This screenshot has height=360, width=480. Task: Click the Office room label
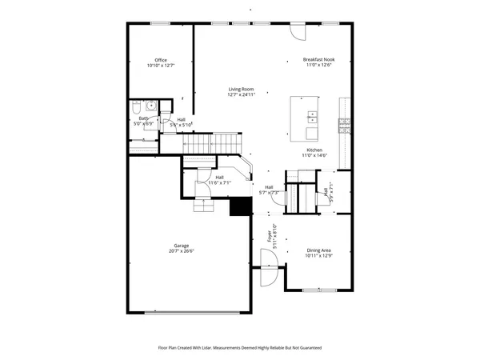[x=160, y=60]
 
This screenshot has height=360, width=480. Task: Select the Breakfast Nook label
[x=318, y=60]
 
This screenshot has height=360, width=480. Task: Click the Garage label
[x=182, y=246]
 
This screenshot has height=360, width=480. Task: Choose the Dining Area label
[x=318, y=250]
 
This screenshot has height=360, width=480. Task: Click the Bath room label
[x=142, y=118]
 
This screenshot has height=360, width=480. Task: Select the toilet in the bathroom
[x=137, y=106]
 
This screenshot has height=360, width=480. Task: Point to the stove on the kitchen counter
[x=345, y=122]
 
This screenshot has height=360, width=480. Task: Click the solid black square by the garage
[x=240, y=206]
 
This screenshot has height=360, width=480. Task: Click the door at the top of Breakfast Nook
[x=297, y=30]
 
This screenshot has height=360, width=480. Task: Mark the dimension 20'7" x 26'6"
[x=182, y=251]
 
